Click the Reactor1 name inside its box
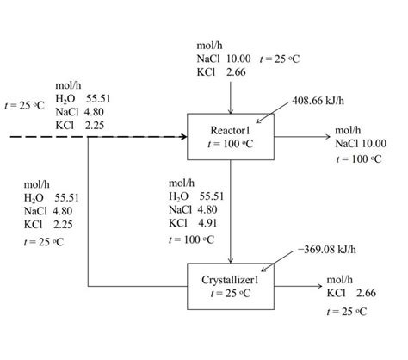[230, 130]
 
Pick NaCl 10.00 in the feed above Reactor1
[223, 59]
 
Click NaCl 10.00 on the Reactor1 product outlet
[361, 144]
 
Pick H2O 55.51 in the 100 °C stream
[195, 196]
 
